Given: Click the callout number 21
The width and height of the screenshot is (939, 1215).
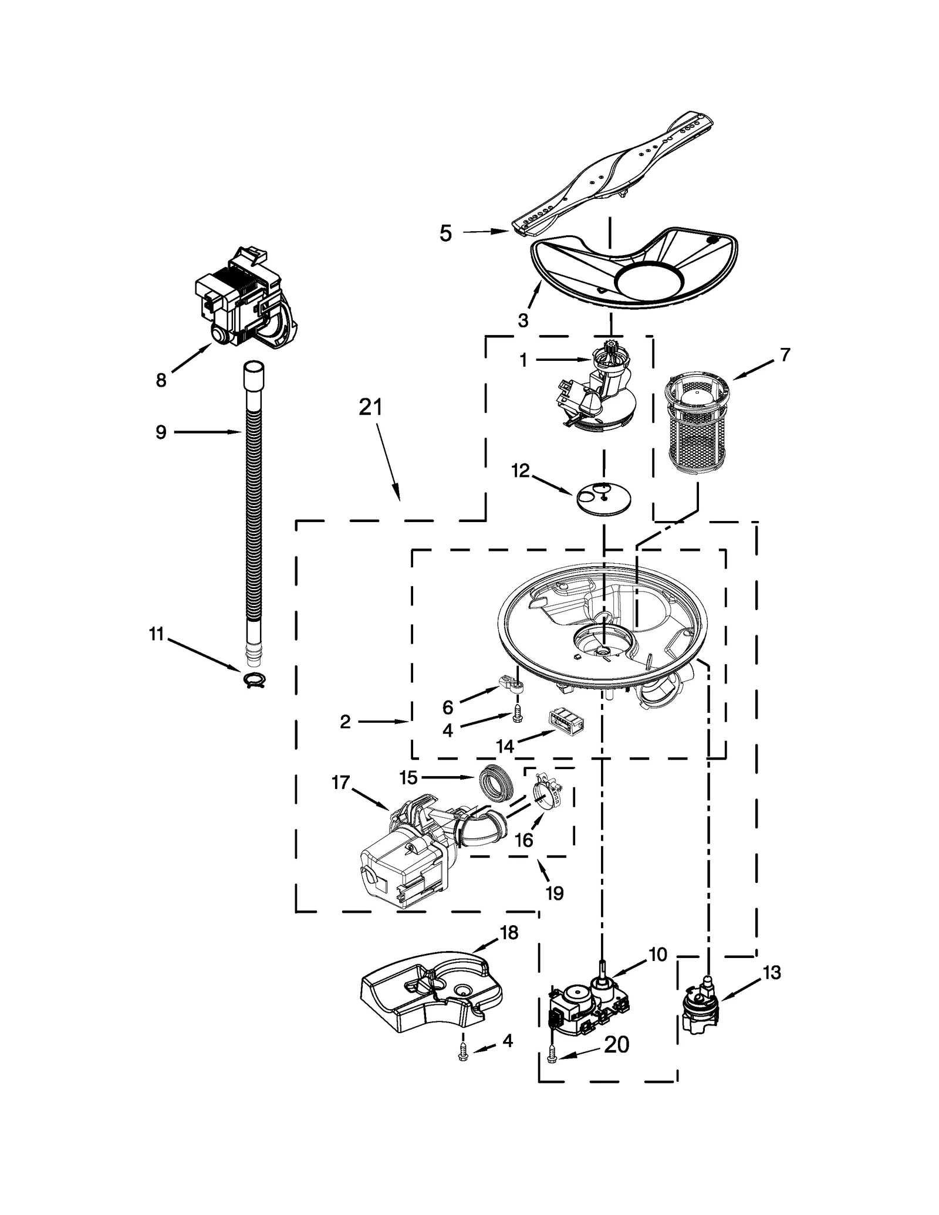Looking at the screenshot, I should click(x=370, y=407).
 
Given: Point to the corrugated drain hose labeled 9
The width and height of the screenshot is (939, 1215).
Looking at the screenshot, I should click(x=253, y=516).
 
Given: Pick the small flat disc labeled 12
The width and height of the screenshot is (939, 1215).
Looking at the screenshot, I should click(x=604, y=498).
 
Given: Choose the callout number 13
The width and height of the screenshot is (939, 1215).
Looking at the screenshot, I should click(x=772, y=973).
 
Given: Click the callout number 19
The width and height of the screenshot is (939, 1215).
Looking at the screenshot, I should click(x=554, y=893).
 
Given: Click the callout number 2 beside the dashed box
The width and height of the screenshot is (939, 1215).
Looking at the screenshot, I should click(x=345, y=722).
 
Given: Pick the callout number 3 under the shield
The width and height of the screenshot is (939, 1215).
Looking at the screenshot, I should click(x=523, y=320).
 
